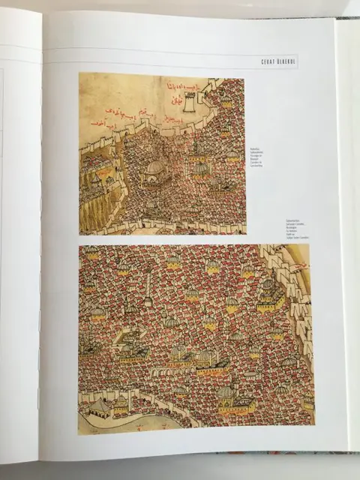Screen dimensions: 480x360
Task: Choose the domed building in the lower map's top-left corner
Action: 92,253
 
